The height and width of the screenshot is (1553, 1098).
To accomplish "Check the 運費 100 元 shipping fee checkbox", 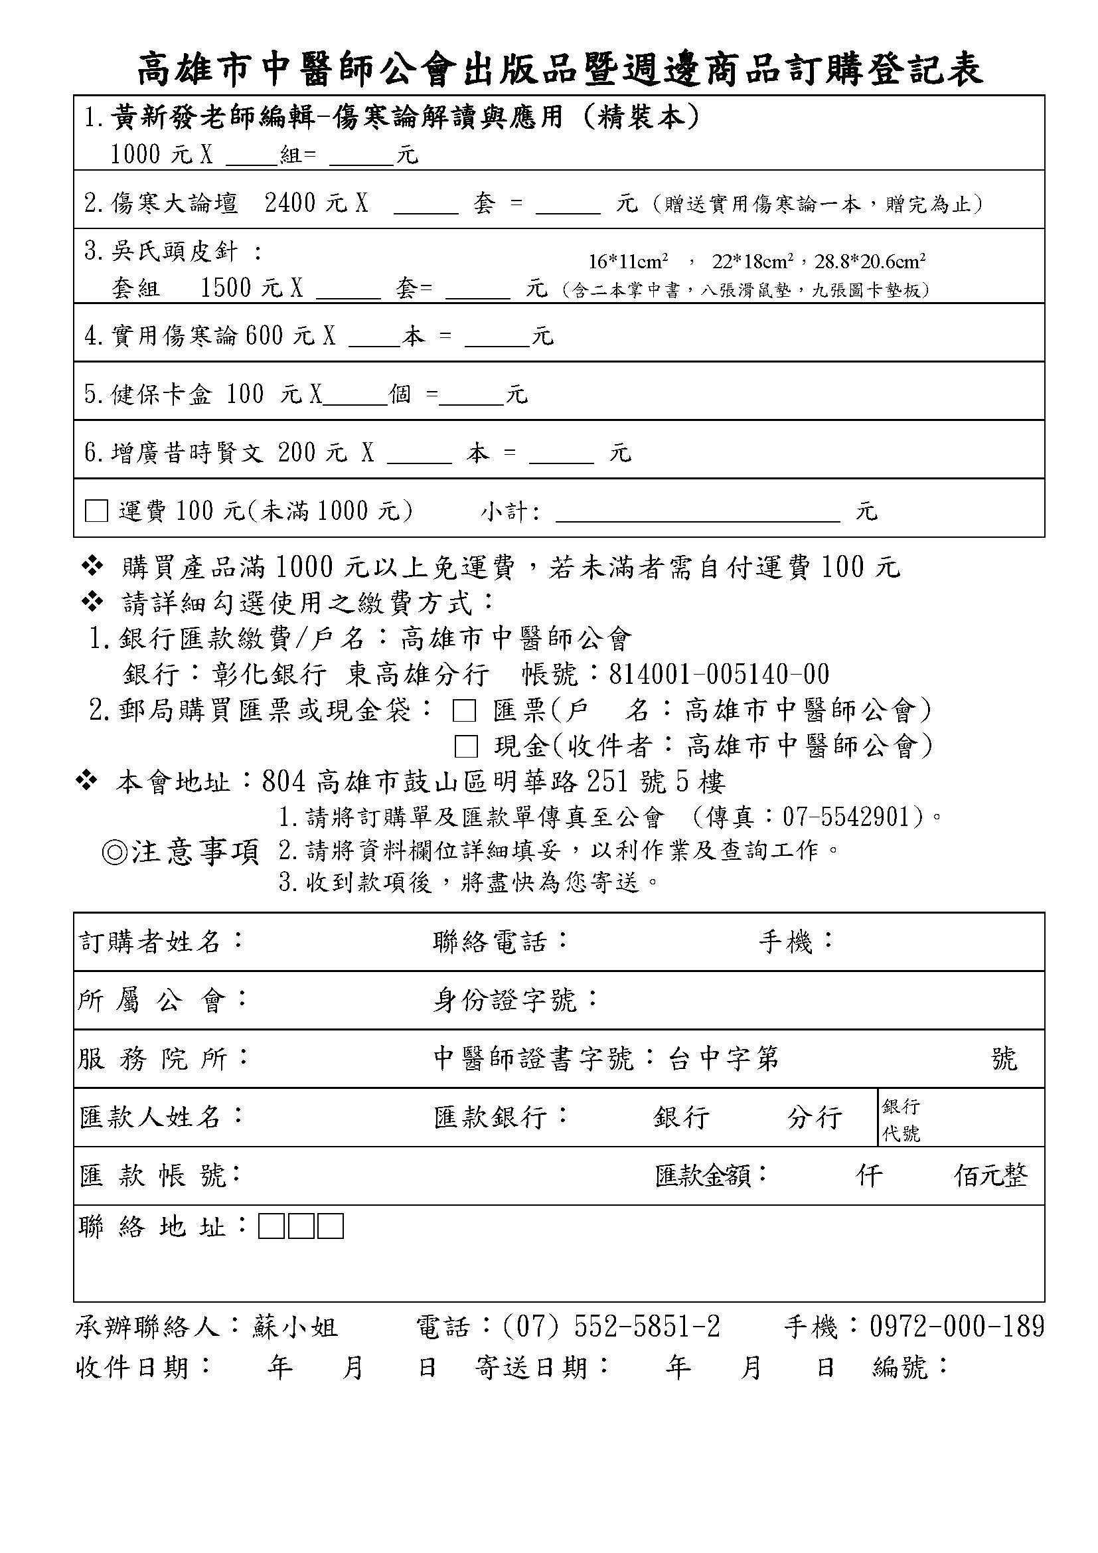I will click(97, 511).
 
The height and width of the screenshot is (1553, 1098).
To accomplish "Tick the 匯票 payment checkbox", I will click(464, 711).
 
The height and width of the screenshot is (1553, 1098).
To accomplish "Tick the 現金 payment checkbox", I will click(466, 747).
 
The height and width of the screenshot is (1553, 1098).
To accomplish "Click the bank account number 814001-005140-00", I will click(719, 675).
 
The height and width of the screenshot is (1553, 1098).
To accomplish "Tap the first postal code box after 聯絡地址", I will click(271, 1226).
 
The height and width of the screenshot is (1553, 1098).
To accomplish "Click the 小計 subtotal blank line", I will click(697, 515).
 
